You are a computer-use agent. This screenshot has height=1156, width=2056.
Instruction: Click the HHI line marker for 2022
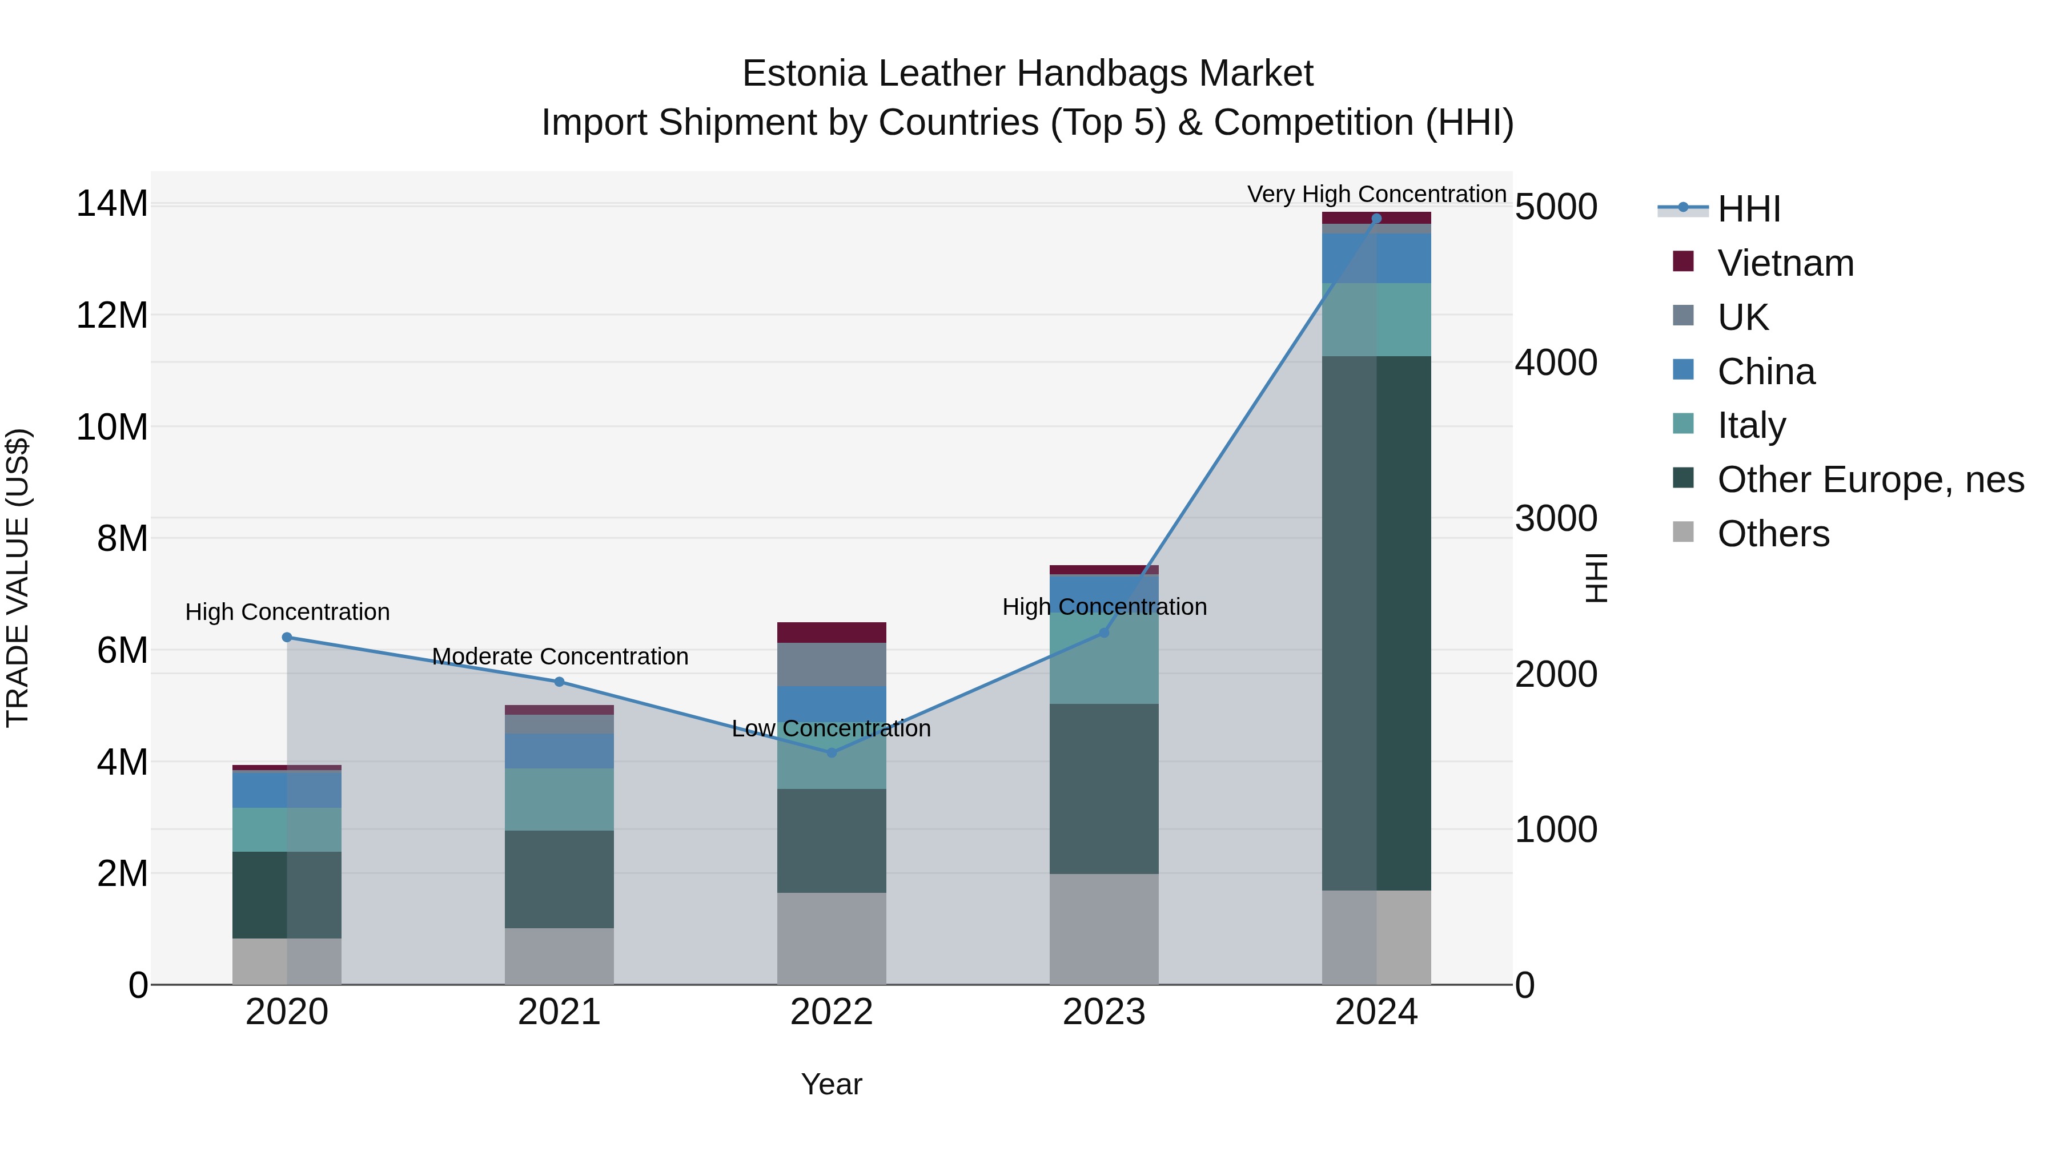831,752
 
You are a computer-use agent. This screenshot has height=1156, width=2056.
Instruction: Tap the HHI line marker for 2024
1376,219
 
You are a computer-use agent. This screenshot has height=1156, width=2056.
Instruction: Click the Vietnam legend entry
1785,263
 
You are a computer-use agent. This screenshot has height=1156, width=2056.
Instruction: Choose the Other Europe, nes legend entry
1870,480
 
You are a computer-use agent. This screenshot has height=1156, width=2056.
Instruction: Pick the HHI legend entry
1748,209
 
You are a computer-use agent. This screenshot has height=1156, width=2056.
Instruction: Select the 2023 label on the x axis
1104,1012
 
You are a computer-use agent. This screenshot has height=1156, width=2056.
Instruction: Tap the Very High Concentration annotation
1376,194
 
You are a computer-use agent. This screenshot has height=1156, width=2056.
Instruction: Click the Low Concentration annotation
831,728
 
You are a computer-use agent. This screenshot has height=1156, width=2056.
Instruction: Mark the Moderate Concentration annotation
560,656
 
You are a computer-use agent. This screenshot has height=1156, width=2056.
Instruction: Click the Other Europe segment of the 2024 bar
1376,622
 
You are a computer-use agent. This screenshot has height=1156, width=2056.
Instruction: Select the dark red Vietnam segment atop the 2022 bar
831,633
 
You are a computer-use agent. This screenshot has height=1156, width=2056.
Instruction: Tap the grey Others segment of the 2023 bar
1104,929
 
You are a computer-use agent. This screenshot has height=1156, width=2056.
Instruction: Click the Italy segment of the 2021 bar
560,799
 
